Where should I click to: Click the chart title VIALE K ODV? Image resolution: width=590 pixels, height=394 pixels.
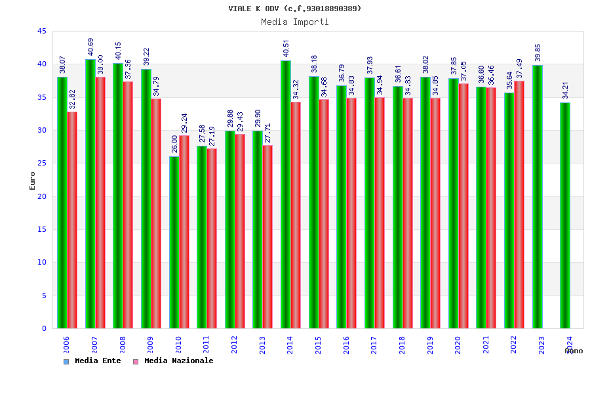(x=294, y=9)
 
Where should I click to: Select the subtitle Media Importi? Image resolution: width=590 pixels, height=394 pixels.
(x=294, y=22)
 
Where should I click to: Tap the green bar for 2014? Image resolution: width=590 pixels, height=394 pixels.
(x=286, y=194)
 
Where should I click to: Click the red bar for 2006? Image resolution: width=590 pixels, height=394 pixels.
(x=72, y=220)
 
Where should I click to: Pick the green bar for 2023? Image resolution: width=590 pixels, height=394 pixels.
(x=537, y=196)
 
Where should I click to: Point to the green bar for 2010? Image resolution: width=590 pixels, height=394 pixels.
(x=174, y=242)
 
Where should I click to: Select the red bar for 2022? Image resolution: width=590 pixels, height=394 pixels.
(x=519, y=204)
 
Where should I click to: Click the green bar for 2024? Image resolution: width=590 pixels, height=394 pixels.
(x=565, y=215)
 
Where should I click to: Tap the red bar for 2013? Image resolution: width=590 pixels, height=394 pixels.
(x=267, y=236)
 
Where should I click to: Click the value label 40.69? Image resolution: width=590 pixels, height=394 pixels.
(x=90, y=47)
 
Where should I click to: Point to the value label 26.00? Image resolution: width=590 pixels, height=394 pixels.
(x=174, y=144)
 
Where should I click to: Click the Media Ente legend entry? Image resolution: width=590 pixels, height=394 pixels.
(x=92, y=361)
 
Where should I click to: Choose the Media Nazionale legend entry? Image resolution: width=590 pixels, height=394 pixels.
(x=174, y=361)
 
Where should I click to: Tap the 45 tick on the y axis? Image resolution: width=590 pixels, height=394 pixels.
(x=42, y=32)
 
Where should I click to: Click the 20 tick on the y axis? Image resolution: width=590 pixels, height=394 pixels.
(x=42, y=196)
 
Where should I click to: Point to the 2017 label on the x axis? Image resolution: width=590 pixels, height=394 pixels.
(x=374, y=345)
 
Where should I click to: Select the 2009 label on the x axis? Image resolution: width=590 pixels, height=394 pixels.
(x=150, y=345)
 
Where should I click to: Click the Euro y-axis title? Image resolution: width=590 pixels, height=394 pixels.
(x=33, y=181)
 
